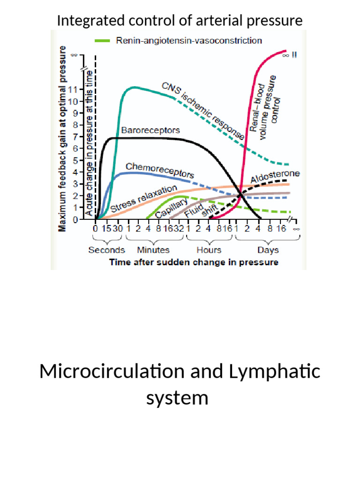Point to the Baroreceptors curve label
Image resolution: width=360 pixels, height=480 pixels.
pos(143,130)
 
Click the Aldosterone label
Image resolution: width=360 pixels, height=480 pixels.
pos(275,177)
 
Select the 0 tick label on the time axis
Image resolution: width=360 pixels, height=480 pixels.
pos(95,229)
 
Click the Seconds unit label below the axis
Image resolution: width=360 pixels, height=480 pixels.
pos(107,250)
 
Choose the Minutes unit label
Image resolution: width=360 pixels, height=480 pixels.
pos(153,250)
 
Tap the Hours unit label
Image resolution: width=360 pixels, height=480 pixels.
pos(209,250)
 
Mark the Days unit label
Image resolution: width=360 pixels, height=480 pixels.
pos(268,250)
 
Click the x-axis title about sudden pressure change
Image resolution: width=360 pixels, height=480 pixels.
pos(194,262)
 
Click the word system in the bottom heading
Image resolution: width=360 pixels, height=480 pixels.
pos(177,398)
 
